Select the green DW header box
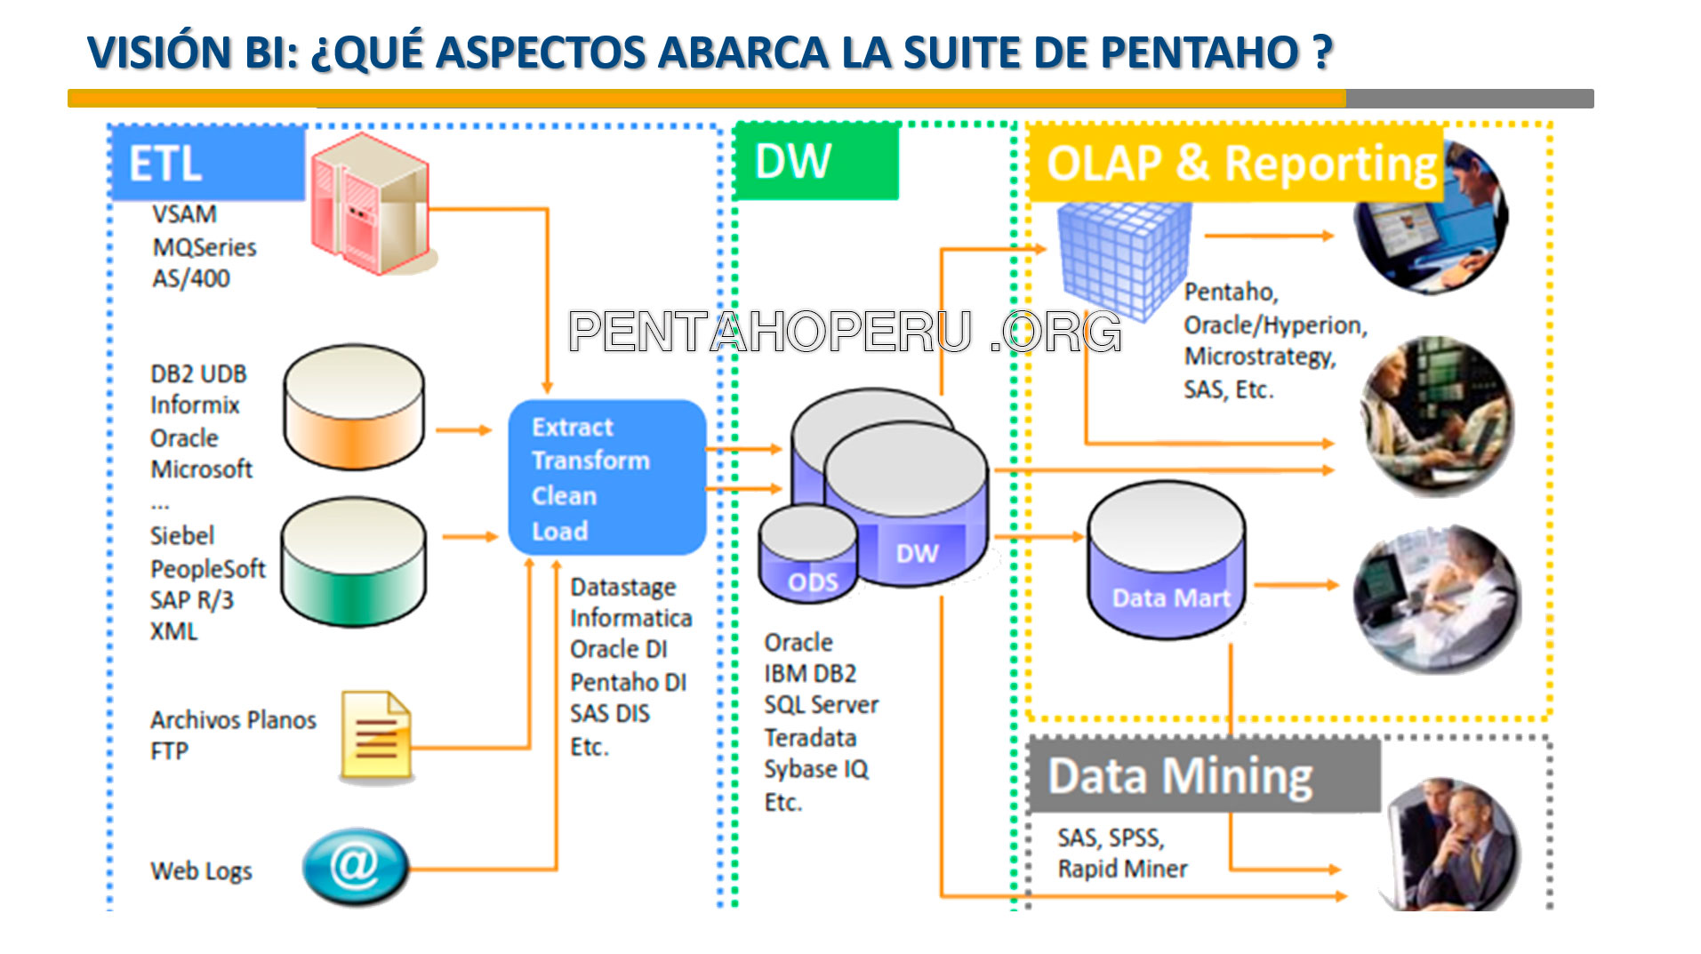[816, 162]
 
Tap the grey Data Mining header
[1204, 775]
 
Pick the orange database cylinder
[353, 407]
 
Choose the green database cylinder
[353, 562]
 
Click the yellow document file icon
[376, 736]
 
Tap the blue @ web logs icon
[356, 865]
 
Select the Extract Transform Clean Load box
[606, 477]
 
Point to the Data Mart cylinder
[1166, 562]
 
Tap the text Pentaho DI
[628, 682]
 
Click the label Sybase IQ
[815, 769]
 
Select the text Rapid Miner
[1122, 869]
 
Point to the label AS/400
[191, 278]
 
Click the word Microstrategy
[1259, 357]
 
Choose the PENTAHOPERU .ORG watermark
[845, 332]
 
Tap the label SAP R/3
[191, 600]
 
